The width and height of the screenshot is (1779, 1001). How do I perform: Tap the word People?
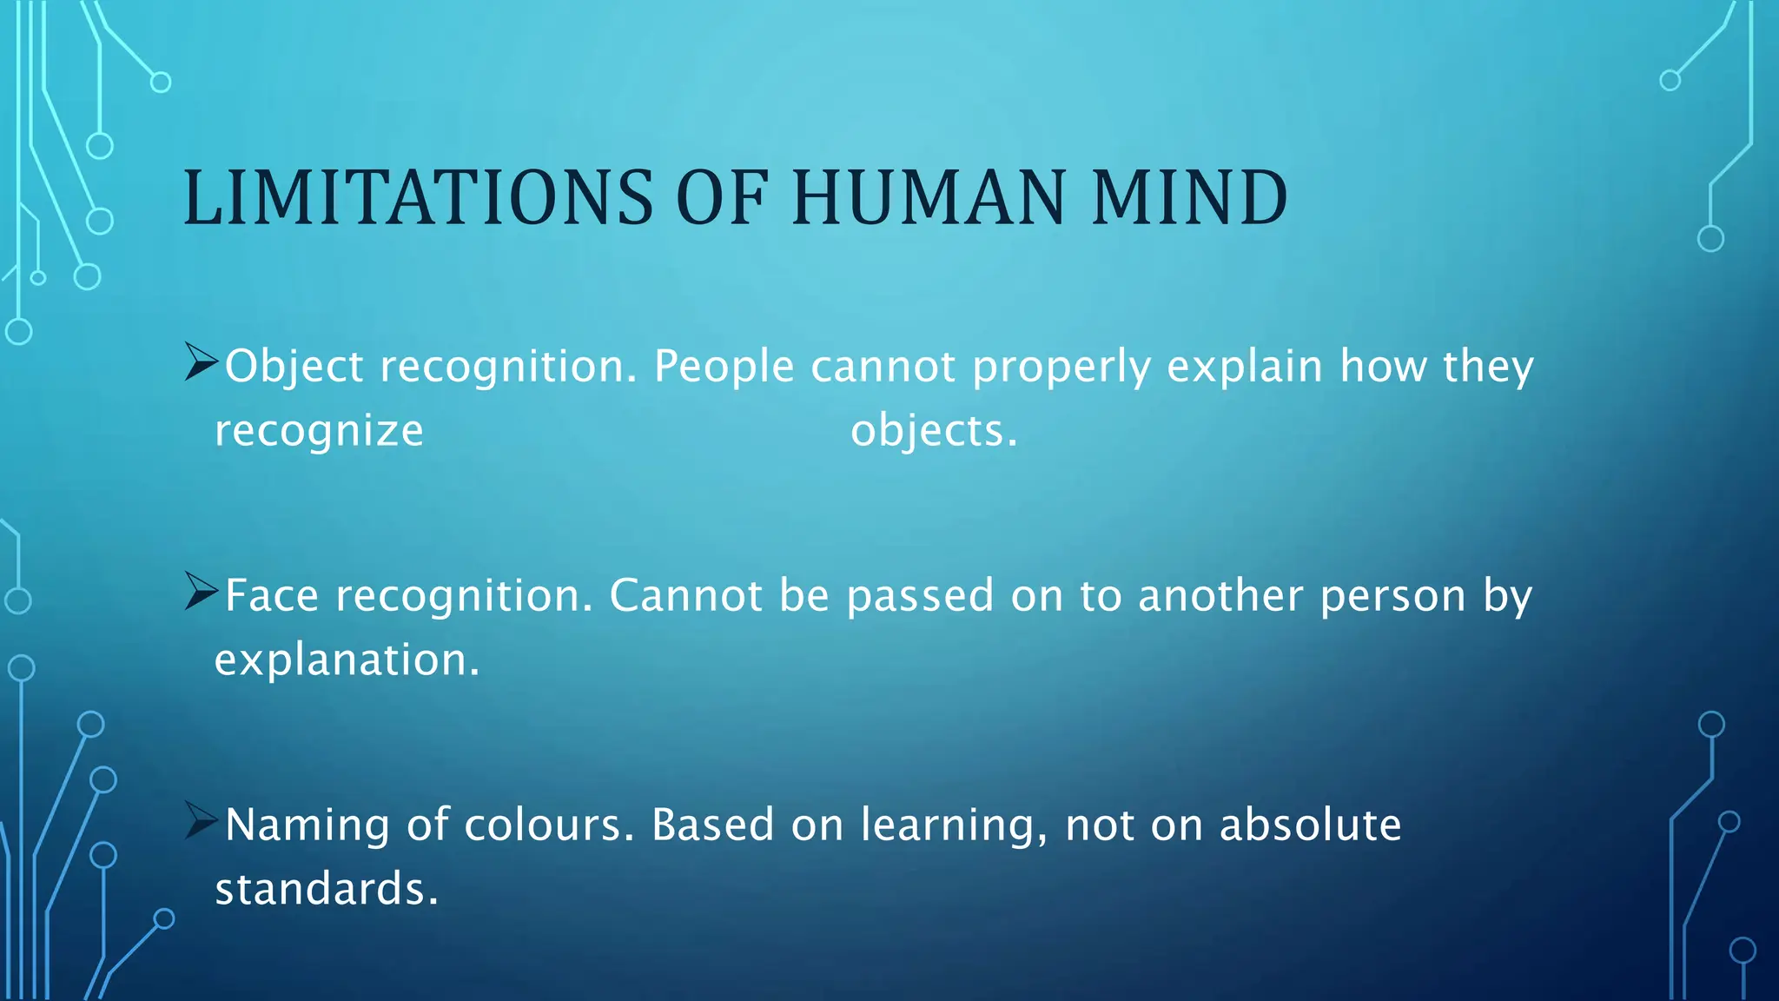coord(724,367)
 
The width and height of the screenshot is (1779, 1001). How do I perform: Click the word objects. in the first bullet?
coord(934,431)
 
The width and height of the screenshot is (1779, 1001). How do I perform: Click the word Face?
coord(272,596)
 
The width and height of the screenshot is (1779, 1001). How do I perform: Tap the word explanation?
coord(347,660)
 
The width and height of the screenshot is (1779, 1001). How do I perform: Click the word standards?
coord(327,889)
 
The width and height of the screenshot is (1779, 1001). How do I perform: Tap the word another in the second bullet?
coord(1220,596)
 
